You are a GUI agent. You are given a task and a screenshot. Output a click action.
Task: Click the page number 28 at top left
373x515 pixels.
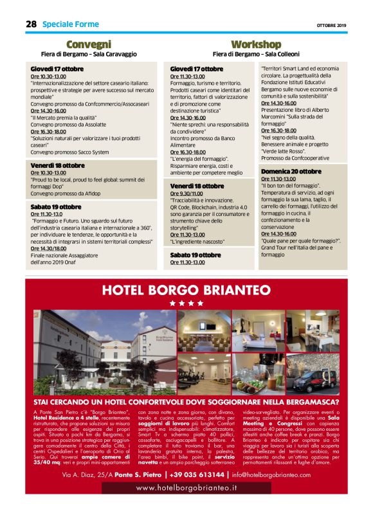point(31,24)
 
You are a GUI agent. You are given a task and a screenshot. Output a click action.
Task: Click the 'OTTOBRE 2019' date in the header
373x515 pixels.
point(331,25)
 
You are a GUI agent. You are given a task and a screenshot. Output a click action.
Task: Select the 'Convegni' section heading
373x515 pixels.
point(89,44)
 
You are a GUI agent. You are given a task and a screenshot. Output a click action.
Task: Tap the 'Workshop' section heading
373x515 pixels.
point(256,44)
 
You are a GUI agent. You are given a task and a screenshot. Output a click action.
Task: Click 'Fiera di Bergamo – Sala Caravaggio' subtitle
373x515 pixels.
point(89,54)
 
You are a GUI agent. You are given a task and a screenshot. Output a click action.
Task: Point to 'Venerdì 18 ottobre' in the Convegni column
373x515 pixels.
point(57,165)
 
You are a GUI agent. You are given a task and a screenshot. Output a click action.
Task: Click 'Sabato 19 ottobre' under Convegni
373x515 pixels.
point(56,207)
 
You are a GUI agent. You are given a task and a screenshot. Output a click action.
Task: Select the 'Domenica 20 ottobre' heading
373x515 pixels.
point(291,172)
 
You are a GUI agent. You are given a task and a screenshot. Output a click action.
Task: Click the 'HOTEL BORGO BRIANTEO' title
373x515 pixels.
point(186,291)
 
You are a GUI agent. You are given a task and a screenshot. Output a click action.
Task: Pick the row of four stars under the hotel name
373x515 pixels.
point(186,303)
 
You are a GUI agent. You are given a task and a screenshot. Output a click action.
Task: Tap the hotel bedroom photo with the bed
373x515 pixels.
point(258,331)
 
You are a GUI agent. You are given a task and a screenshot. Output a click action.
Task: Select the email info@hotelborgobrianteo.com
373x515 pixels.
point(271,475)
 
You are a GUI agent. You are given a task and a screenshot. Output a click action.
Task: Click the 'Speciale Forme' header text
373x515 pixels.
point(71,24)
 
